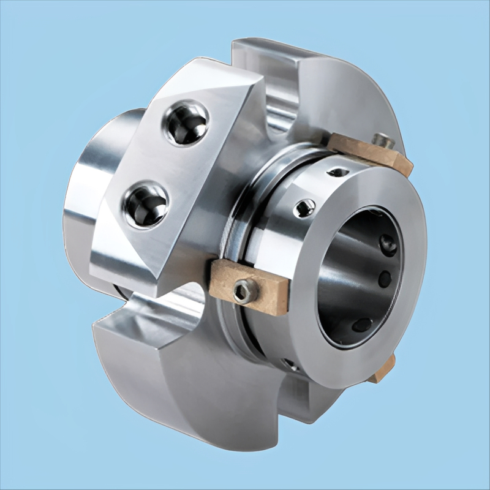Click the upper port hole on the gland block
tap(186, 123)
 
